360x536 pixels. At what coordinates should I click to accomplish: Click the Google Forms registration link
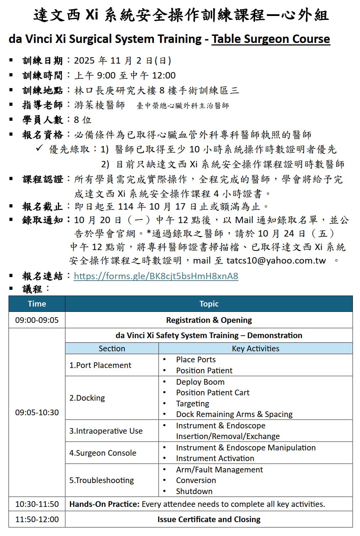click(156, 276)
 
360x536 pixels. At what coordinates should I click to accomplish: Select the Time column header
click(37, 304)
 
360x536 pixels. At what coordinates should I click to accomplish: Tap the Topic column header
click(209, 304)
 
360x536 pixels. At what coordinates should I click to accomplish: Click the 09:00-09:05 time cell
click(37, 320)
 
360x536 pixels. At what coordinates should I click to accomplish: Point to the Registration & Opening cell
click(209, 320)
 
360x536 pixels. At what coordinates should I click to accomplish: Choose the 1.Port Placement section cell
click(100, 365)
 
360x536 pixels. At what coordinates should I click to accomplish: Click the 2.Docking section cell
click(87, 398)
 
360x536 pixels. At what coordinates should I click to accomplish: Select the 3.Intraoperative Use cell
click(106, 431)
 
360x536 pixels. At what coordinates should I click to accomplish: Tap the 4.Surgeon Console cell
click(103, 453)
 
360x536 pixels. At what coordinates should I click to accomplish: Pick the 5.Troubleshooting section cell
click(102, 480)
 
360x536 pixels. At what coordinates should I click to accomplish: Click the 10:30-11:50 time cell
click(37, 504)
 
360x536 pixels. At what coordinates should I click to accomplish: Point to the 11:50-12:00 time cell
click(37, 519)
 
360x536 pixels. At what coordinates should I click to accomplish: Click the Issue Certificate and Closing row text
click(209, 519)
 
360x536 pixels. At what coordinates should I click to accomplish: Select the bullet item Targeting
click(193, 404)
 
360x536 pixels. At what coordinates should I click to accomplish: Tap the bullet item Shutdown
click(194, 491)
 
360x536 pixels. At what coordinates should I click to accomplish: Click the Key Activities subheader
click(256, 348)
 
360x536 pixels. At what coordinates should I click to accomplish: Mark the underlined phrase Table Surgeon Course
click(271, 39)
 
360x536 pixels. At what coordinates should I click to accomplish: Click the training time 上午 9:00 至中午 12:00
click(125, 75)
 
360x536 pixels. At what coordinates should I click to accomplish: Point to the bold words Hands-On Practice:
click(104, 504)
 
